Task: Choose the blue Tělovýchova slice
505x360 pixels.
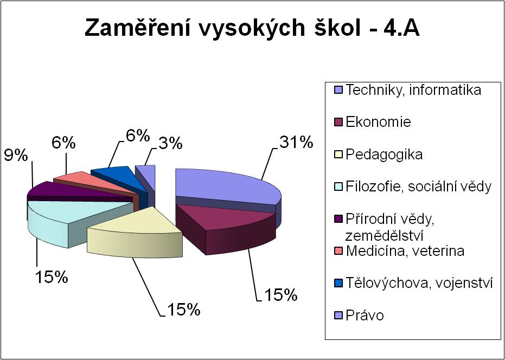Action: (121, 177)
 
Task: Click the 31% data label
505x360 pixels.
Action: (296, 143)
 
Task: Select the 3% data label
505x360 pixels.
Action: (170, 143)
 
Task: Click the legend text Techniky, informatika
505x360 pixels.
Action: (413, 90)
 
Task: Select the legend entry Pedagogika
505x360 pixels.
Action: (384, 155)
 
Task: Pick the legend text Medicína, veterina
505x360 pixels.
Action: (405, 251)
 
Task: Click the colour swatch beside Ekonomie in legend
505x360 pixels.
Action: (339, 123)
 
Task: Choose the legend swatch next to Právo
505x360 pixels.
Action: (339, 316)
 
